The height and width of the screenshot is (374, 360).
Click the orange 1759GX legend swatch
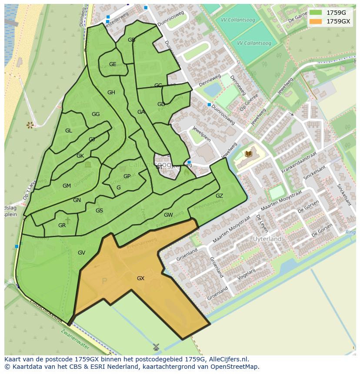tap(316, 21)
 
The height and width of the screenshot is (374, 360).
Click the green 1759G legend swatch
tap(316, 12)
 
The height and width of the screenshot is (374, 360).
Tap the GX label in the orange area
tap(140, 278)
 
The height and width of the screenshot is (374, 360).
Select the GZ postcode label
tap(219, 196)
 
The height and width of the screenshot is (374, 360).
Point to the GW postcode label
tap(168, 215)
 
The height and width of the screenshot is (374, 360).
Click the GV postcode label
tap(81, 253)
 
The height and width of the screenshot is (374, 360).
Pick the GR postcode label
tap(62, 225)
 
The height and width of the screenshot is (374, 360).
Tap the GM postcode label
tap(67, 186)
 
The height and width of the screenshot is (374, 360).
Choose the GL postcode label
tap(69, 131)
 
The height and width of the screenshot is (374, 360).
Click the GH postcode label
tap(111, 93)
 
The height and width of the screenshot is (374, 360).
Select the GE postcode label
tap(113, 64)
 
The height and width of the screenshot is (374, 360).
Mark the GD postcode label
tap(161, 104)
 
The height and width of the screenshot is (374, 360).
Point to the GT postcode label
tap(159, 167)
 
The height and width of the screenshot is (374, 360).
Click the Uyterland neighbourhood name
tap(267, 239)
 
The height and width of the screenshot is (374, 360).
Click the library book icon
tap(249, 154)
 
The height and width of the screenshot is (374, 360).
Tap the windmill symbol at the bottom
tap(156, 347)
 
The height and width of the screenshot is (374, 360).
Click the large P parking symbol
tap(104, 281)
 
